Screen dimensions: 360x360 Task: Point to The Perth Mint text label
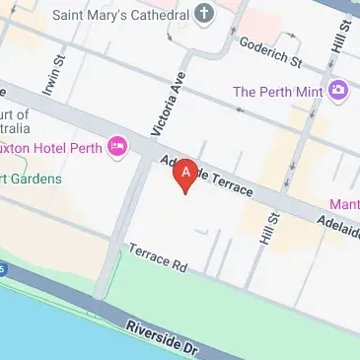pos(278,92)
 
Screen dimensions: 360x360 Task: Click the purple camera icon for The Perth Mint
pos(338,91)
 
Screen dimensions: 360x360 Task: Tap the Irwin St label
pos(51,79)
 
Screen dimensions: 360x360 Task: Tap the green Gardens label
pos(31,179)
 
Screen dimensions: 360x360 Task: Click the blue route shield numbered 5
pos(3,267)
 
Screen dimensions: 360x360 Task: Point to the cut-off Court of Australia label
pos(16,121)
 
